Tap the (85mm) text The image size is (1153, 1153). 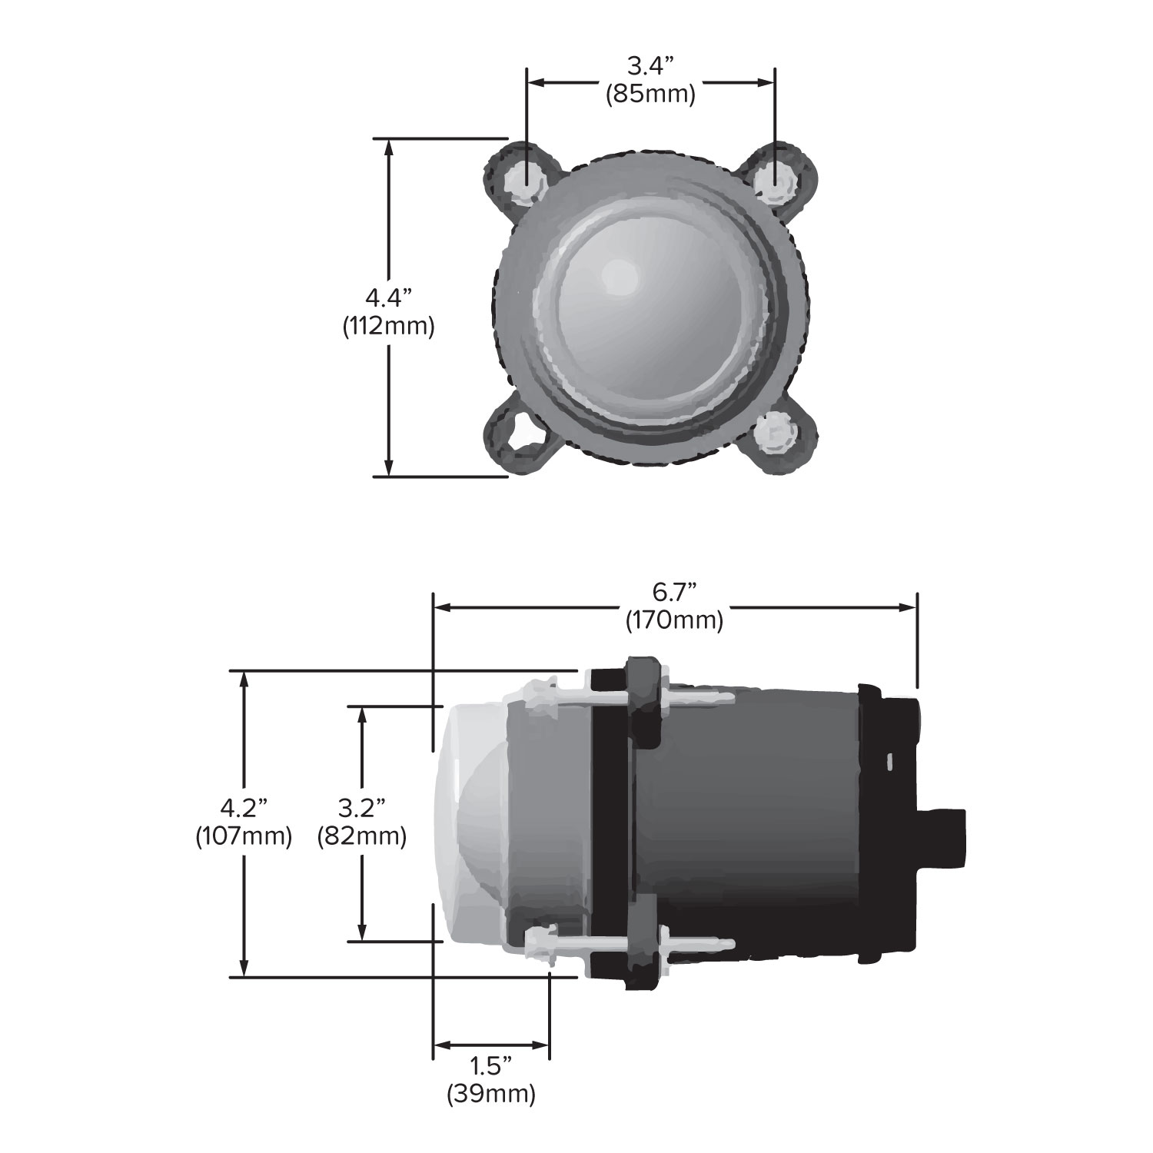(x=650, y=95)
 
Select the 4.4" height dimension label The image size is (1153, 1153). (x=389, y=297)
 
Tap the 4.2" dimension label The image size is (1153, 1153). (x=244, y=808)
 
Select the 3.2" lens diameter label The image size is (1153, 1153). (x=361, y=808)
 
